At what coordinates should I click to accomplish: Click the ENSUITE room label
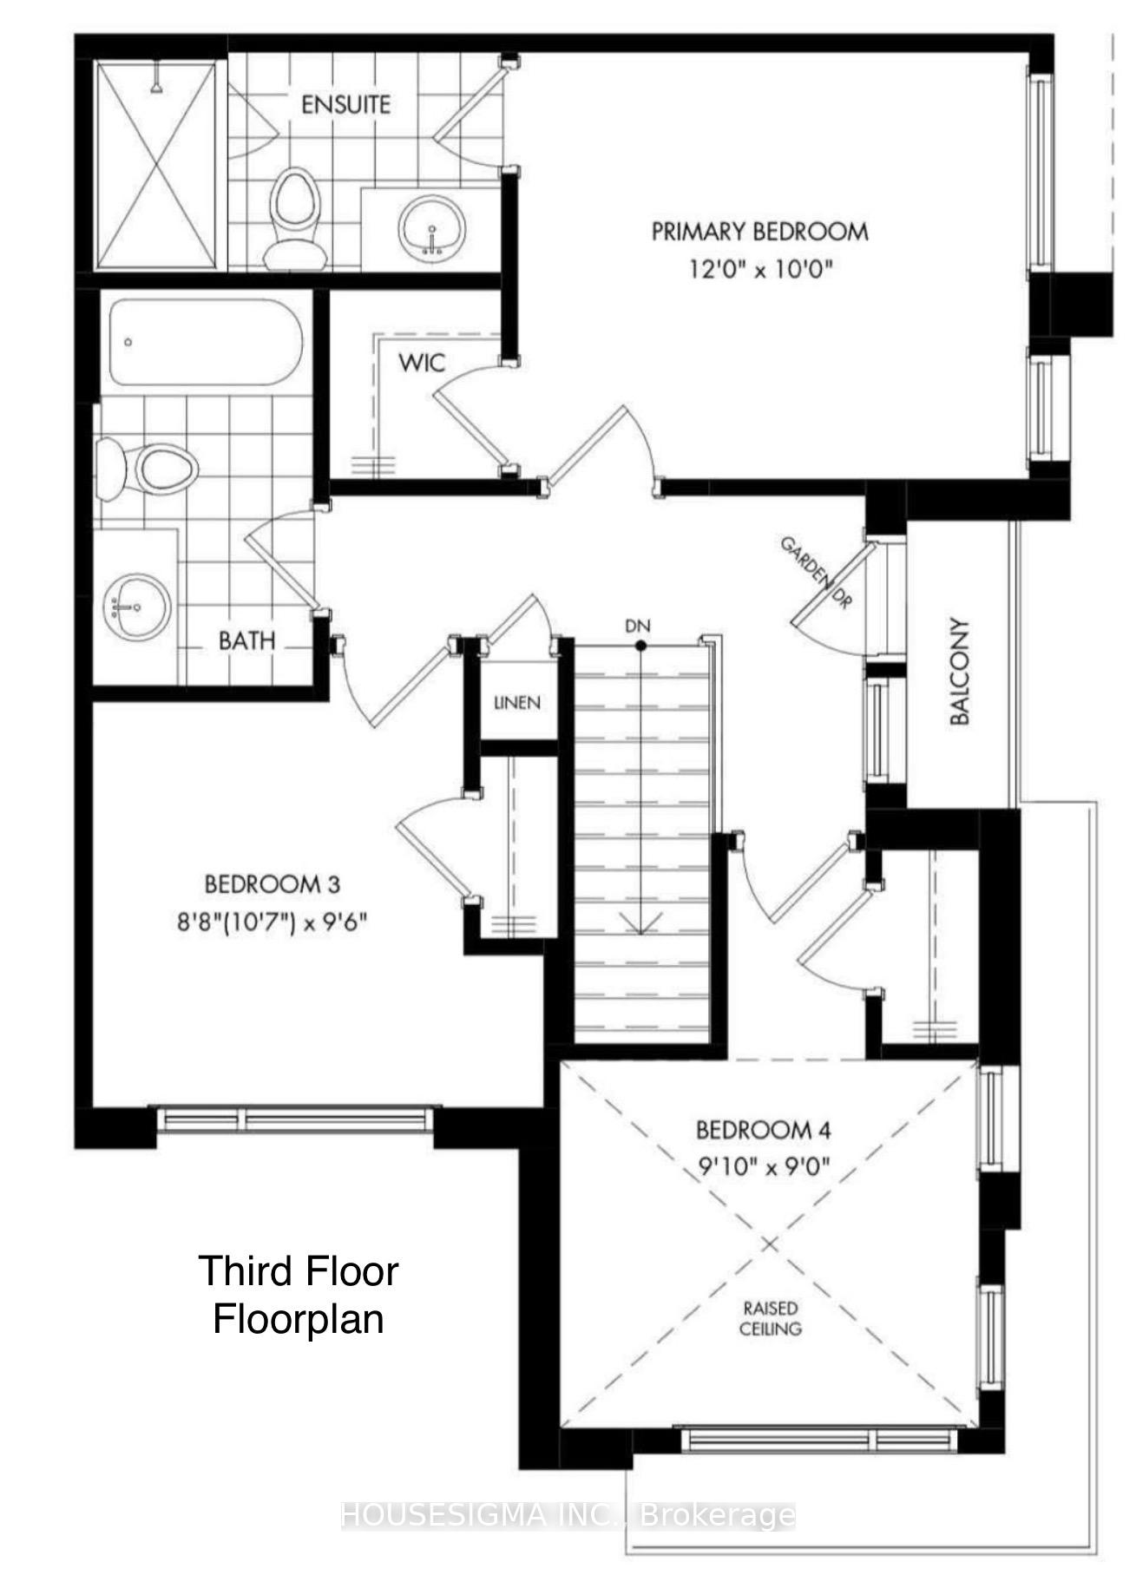coord(345,105)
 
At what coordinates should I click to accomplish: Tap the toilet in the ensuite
coord(292,217)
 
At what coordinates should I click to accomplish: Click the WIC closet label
coord(422,362)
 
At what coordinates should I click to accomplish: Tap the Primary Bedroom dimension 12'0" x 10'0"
coord(760,269)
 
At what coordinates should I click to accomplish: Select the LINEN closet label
coord(517,702)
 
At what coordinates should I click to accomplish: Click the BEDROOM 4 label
coord(764,1130)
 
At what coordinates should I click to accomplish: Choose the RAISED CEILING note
coord(770,1317)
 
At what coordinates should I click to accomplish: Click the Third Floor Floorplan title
coord(299,1295)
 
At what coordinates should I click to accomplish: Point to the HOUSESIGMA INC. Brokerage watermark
coord(568,1515)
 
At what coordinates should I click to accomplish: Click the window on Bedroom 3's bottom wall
coord(295,1119)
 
